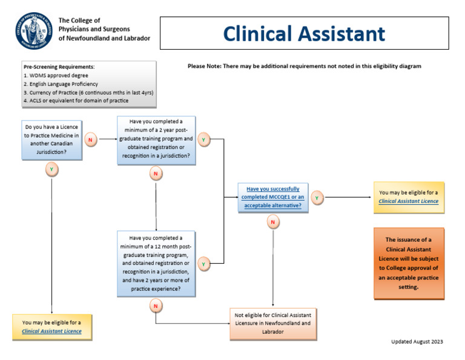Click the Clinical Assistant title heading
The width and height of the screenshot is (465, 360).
pos(303,33)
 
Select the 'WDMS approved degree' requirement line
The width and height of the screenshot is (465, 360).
pos(55,75)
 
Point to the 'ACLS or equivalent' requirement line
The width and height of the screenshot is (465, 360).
pos(76,101)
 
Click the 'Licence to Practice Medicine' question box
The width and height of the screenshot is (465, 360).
pos(51,140)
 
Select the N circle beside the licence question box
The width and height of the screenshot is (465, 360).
pos(91,140)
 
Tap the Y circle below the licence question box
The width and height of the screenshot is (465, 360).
pos(52,170)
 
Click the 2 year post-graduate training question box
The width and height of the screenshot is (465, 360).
pos(157,139)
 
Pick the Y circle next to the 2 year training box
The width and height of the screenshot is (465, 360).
pos(203,140)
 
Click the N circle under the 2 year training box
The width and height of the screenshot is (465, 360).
pos(156,175)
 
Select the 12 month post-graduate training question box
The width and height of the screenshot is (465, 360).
pos(157,264)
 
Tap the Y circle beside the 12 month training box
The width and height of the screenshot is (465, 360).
pos(203,264)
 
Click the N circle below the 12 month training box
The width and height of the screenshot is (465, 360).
pos(156,306)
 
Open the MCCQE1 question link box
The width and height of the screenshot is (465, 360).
pos(272,198)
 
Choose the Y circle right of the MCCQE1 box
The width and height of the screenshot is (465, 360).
pos(317,198)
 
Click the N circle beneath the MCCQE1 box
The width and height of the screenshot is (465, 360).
pos(272,222)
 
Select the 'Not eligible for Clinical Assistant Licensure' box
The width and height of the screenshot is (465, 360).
pos(272,323)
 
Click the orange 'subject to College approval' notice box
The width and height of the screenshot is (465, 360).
pos(409,263)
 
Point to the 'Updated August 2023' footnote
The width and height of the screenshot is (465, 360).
pos(417,341)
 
